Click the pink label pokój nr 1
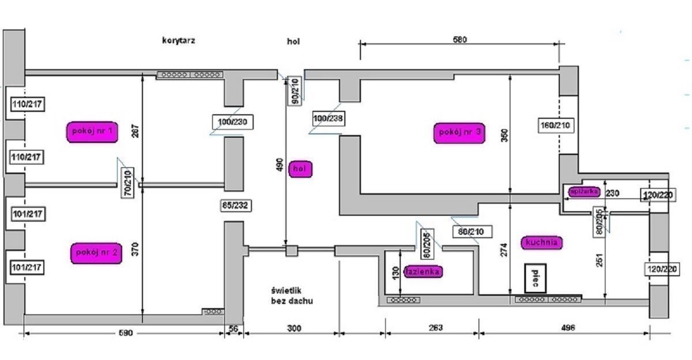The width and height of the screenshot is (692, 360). (x=93, y=131)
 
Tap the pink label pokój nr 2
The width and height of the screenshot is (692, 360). (x=96, y=253)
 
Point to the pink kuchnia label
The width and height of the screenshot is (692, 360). (x=541, y=242)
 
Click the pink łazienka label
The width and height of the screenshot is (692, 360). (x=423, y=271)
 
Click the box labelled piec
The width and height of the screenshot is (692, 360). (x=535, y=278)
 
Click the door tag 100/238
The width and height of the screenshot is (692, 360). (x=328, y=118)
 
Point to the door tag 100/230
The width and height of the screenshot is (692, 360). (x=229, y=122)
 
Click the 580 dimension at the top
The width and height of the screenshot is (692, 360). (x=460, y=40)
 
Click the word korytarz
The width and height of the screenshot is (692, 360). (x=178, y=41)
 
